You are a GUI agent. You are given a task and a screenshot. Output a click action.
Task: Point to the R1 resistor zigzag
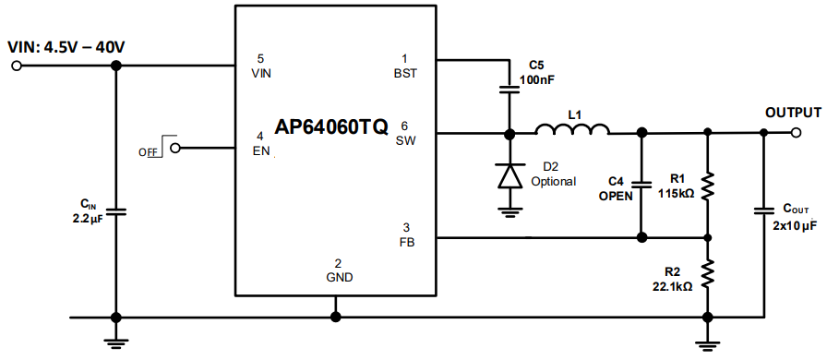707,186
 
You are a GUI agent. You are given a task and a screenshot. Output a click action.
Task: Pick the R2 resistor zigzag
707,272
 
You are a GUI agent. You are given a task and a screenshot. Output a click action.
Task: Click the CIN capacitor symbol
115,211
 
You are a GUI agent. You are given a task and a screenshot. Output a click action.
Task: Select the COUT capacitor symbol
764,211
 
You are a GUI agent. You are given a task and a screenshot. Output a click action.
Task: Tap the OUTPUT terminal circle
796,132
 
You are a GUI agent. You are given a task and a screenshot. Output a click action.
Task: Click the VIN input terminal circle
16,66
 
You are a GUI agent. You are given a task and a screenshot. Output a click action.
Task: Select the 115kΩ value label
676,194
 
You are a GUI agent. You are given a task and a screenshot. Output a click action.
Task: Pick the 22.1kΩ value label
672,286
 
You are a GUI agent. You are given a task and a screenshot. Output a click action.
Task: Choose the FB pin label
406,242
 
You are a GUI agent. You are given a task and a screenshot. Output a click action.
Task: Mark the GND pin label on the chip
337,276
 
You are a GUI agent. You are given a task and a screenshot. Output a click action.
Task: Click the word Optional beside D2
554,181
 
